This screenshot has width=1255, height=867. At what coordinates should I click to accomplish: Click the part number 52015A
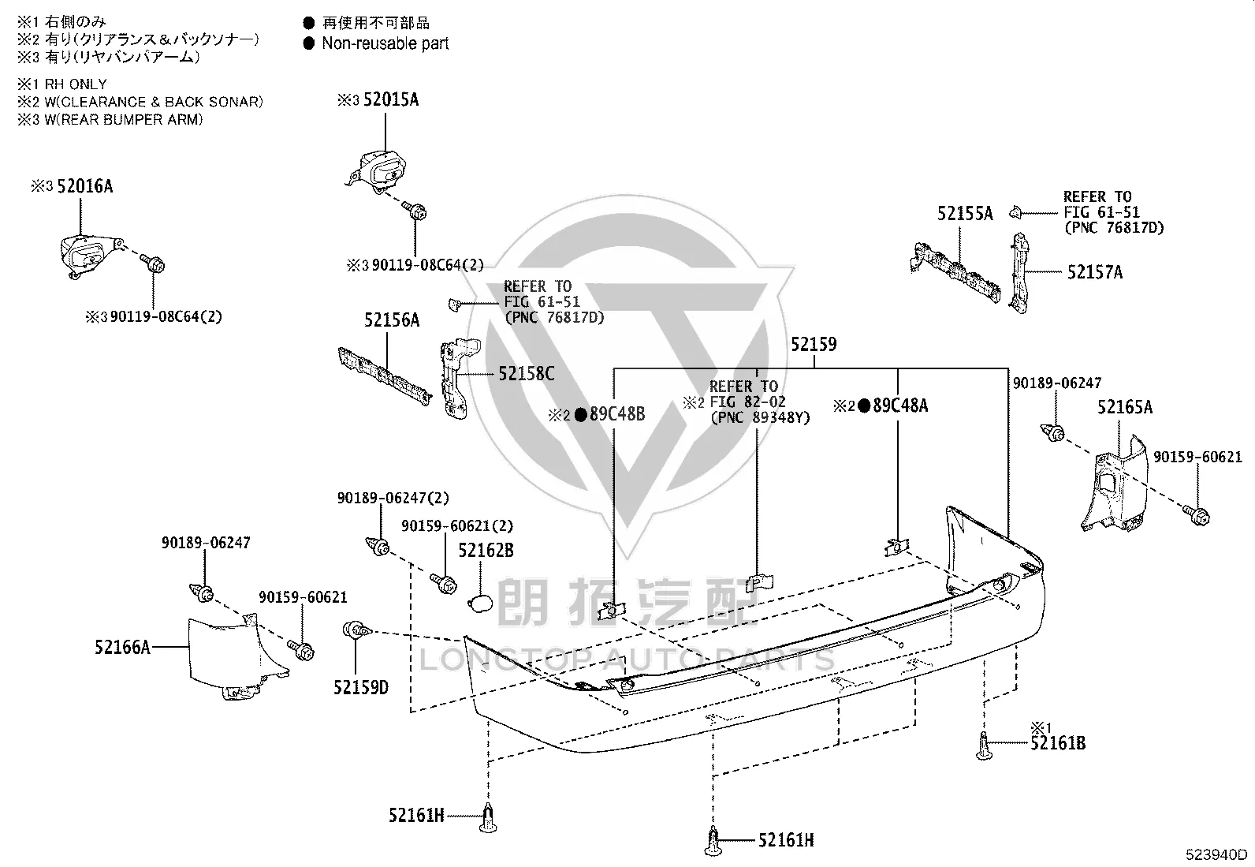coord(390,100)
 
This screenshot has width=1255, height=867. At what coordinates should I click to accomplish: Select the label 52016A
coord(84,186)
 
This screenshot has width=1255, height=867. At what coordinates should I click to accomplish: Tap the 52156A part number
coord(392,320)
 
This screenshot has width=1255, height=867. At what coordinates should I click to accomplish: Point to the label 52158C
coord(526,373)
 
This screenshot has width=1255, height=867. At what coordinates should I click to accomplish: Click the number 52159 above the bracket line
coord(814,344)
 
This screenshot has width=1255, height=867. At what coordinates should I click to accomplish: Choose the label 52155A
coord(965,214)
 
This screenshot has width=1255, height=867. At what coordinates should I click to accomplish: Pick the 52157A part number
coord(1095,272)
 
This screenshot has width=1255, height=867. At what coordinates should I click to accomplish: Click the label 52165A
coord(1124,407)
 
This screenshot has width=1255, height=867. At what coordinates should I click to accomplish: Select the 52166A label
coord(122,648)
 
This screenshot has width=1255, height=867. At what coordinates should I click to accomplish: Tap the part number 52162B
coord(486,551)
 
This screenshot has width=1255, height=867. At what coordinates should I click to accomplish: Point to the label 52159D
coord(361,688)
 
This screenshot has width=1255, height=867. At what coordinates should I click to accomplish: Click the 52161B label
coord(1058,744)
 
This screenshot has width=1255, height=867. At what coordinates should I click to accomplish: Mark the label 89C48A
coord(899,405)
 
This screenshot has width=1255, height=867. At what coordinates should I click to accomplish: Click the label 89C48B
coord(616,414)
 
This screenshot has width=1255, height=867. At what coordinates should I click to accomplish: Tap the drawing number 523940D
coord(1216,854)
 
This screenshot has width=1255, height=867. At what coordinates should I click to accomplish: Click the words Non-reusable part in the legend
coord(385,43)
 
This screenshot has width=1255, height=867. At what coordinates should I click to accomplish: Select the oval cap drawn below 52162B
coord(480,604)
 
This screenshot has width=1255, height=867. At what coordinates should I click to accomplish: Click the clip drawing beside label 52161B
coord(984,746)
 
